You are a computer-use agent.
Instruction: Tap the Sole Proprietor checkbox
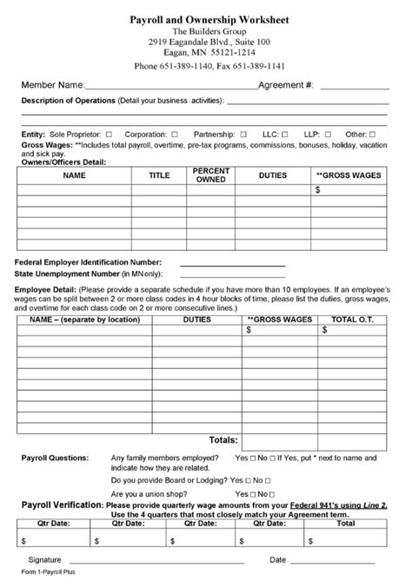[109, 135]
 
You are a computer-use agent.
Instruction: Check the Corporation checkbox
[175, 135]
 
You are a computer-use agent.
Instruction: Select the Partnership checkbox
[243, 135]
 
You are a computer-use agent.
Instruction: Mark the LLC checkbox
[288, 135]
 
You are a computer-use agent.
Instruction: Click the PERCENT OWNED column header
[211, 175]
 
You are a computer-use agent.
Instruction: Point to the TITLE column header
[159, 175]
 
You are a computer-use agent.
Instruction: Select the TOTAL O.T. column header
[355, 319]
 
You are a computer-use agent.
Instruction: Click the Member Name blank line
[171, 87]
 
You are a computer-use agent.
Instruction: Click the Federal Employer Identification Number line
[232, 262]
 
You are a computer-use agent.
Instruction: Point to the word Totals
[223, 439]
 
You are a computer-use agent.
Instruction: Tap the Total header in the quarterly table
[346, 524]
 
